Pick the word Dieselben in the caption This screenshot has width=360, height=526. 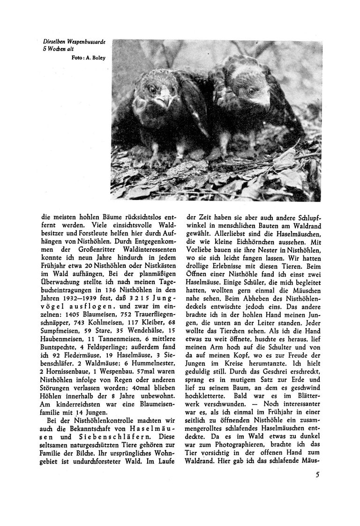pos(52,42)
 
